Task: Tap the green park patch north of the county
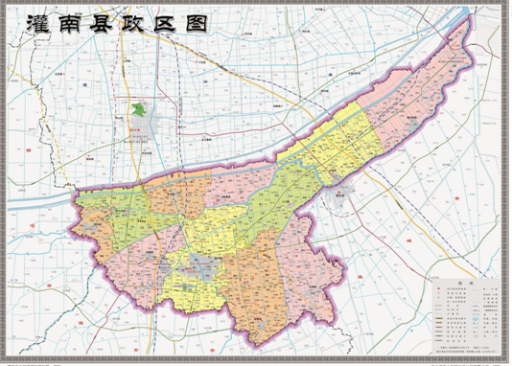141,110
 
